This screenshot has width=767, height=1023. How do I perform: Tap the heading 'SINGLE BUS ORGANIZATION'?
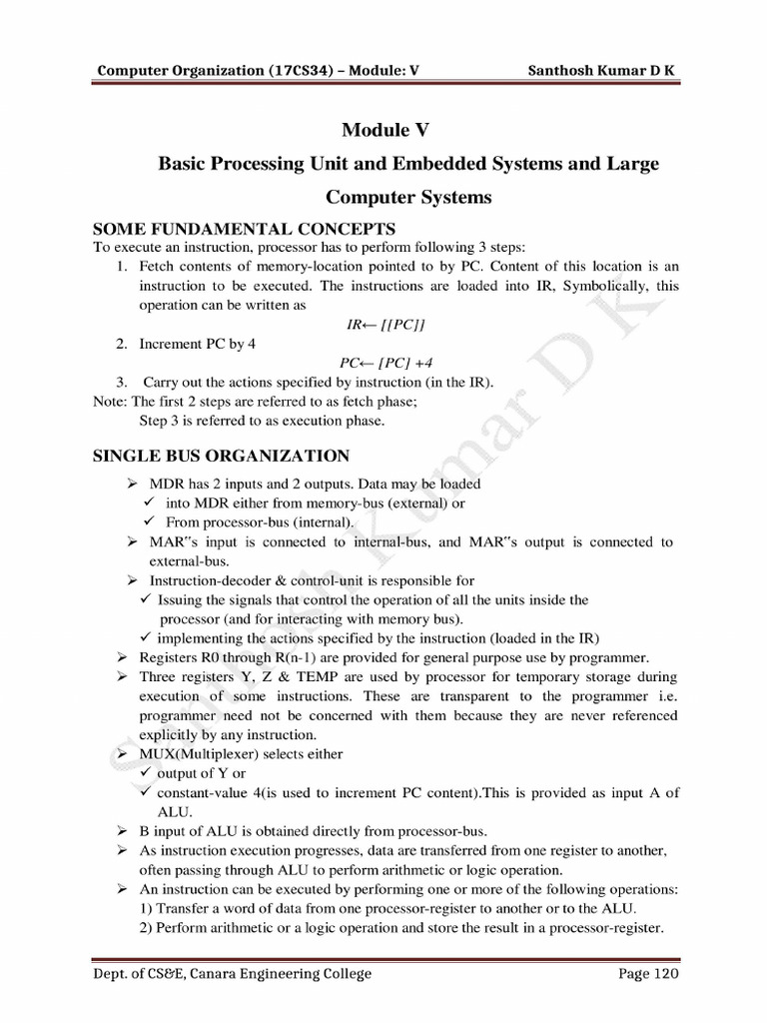(x=221, y=457)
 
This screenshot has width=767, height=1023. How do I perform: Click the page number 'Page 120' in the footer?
(x=648, y=974)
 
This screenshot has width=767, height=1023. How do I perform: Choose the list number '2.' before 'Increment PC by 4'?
(x=121, y=344)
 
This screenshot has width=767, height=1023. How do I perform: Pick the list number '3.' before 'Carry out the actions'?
(x=121, y=382)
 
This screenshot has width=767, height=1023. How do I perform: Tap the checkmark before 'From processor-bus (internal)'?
(x=147, y=522)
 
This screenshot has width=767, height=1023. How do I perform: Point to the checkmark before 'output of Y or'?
(x=147, y=773)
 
